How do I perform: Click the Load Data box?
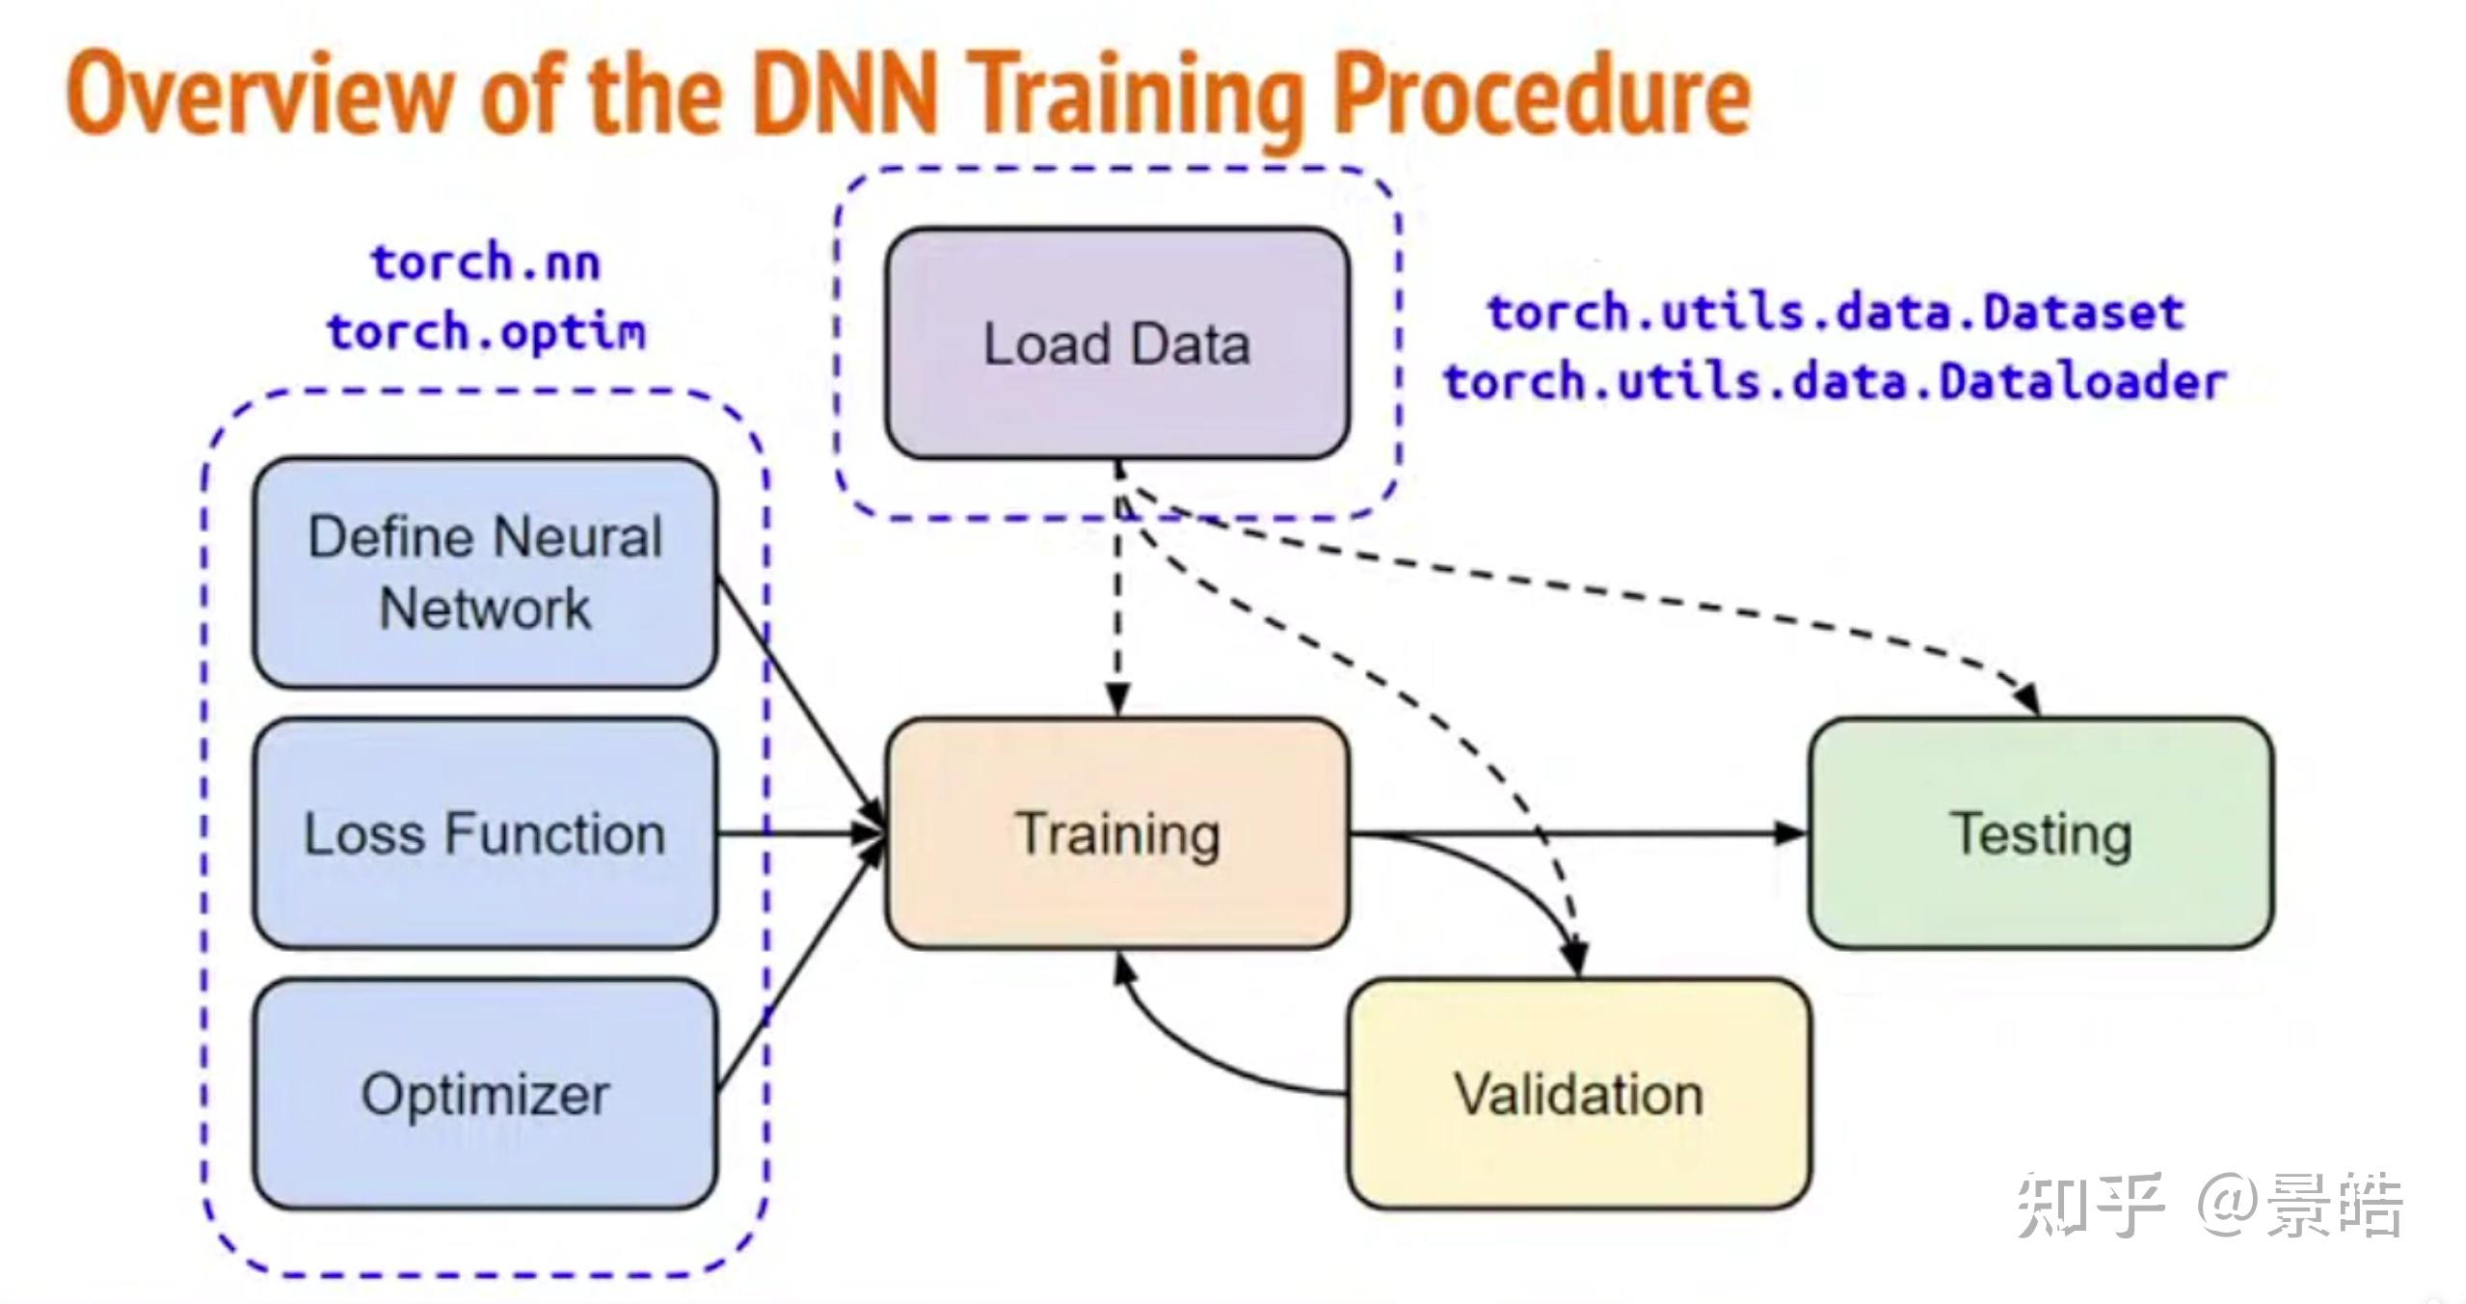(x=1116, y=343)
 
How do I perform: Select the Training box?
(x=1116, y=833)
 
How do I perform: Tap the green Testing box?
(x=2041, y=833)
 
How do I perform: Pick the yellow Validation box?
(x=1579, y=1094)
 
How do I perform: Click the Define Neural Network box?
(x=485, y=573)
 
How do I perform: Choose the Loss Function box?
(x=485, y=833)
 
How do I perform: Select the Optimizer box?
(x=485, y=1094)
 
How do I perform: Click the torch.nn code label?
(x=486, y=262)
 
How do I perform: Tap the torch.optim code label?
(x=486, y=332)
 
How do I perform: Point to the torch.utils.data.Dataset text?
(x=1836, y=312)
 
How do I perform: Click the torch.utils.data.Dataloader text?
(x=1836, y=382)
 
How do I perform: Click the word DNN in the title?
(x=844, y=95)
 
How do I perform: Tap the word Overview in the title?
(x=260, y=95)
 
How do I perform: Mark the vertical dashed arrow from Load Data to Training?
(x=1118, y=598)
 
